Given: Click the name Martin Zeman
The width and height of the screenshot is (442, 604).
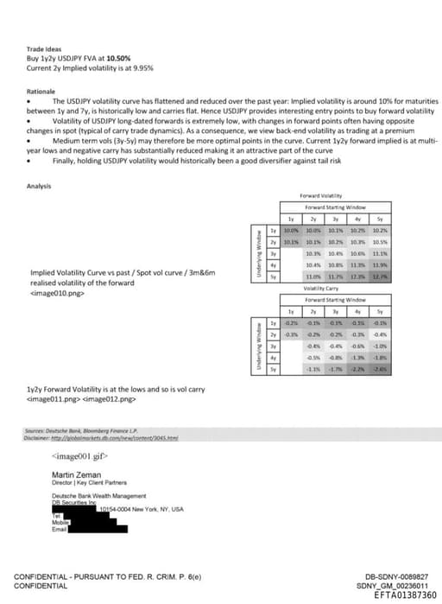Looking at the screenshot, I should click(x=74, y=473).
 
